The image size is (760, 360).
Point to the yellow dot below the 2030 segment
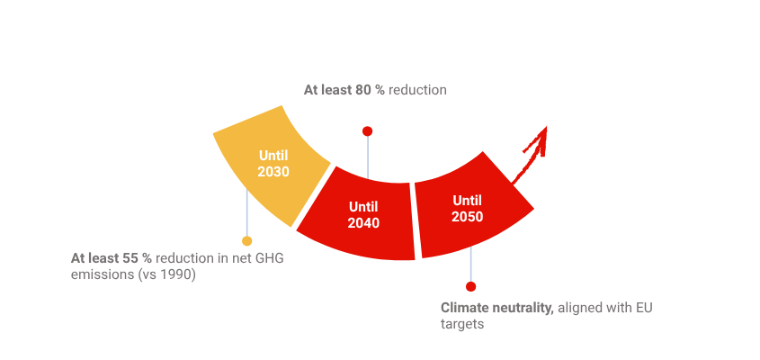tap(246, 241)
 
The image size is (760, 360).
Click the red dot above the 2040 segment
tap(367, 131)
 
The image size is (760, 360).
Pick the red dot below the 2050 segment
tap(470, 286)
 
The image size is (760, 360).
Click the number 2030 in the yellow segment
tap(273, 171)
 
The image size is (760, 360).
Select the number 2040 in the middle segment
tap(363, 222)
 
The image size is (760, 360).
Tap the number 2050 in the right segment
tap(468, 216)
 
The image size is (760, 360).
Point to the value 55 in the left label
tap(131, 258)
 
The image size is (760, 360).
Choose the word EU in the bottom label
tap(643, 308)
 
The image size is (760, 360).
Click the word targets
tap(462, 324)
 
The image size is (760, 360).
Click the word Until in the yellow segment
tap(273, 155)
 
